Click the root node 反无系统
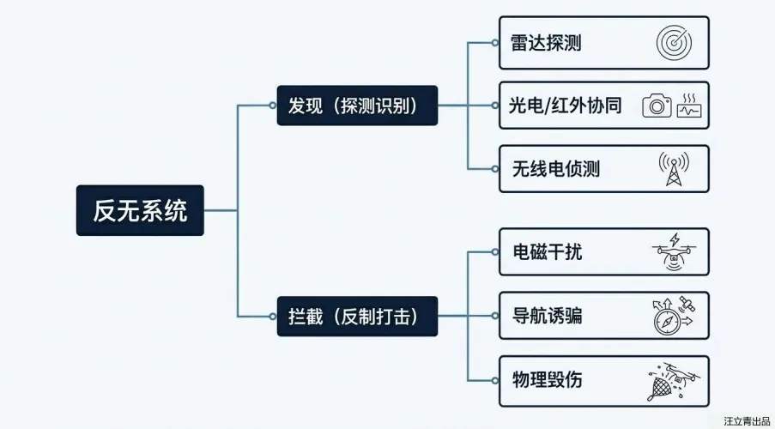(x=140, y=210)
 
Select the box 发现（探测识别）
(x=357, y=106)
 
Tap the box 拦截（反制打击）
(x=357, y=317)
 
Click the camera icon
(x=657, y=106)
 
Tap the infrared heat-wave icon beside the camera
(x=689, y=106)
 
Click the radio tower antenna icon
(x=674, y=169)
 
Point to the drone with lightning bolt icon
(x=674, y=252)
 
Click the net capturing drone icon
(x=672, y=380)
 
